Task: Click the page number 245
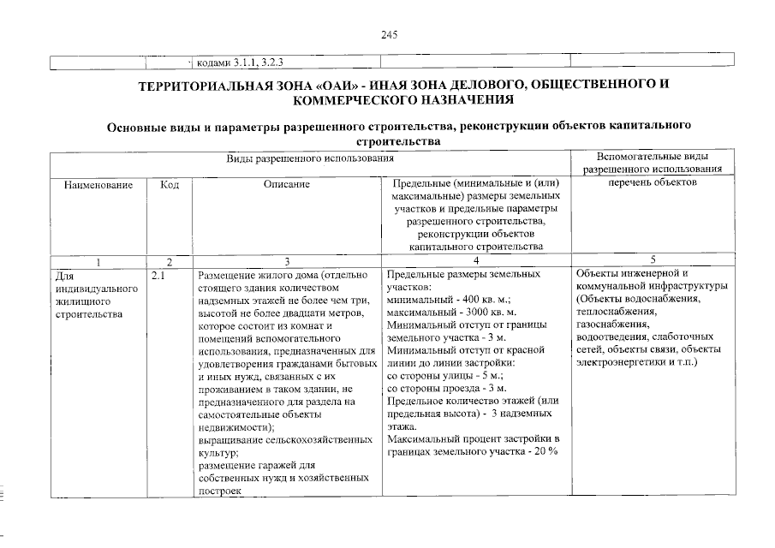(389, 34)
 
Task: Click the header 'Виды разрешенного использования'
(309, 158)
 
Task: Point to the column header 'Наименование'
(98, 183)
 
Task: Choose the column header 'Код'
(169, 183)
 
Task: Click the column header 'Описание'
(286, 183)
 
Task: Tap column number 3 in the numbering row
(287, 260)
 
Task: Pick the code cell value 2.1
(158, 276)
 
